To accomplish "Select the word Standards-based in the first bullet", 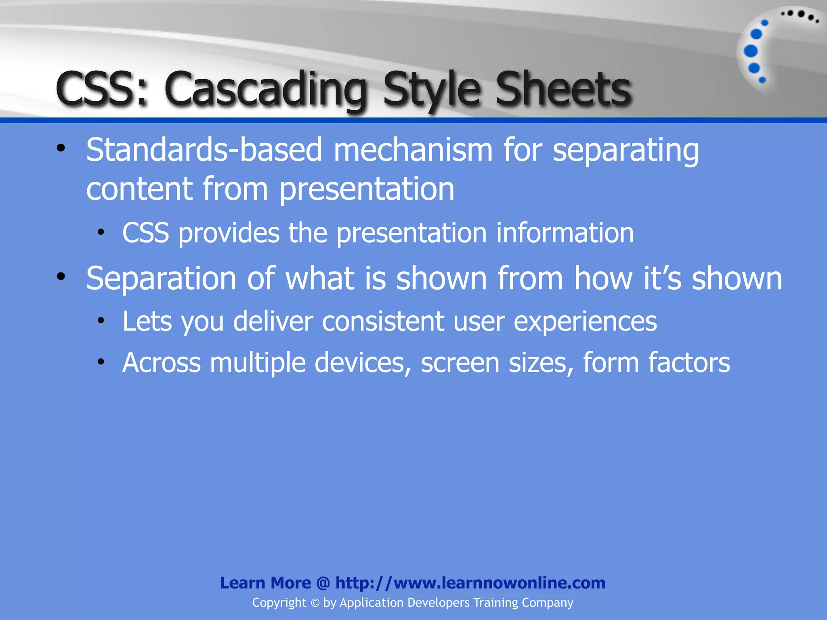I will (204, 150).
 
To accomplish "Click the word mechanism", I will (413, 150).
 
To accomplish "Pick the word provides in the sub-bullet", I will (229, 233).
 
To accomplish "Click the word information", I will (565, 233).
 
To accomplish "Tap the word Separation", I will (161, 278).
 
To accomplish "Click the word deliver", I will (273, 321).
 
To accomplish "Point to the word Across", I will (161, 362).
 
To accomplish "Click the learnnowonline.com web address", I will (470, 583).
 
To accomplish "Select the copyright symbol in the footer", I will (315, 603).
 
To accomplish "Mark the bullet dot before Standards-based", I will (61, 148).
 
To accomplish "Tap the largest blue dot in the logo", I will (751, 51).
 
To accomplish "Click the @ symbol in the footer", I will (323, 583).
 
